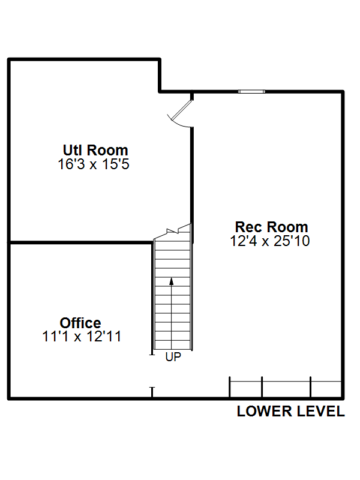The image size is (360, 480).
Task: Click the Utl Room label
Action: pyautogui.click(x=95, y=150)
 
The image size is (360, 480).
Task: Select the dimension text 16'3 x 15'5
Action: pyautogui.click(x=94, y=164)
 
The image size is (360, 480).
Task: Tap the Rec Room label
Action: pyautogui.click(x=271, y=227)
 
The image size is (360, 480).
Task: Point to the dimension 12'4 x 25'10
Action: pyautogui.click(x=269, y=241)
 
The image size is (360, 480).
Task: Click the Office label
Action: pyautogui.click(x=80, y=323)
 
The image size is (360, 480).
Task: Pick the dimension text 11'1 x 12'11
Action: pyautogui.click(x=82, y=337)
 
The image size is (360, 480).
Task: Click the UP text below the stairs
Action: pyautogui.click(x=173, y=356)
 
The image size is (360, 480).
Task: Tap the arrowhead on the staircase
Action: pyautogui.click(x=172, y=280)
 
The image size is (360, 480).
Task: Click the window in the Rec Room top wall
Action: pyautogui.click(x=251, y=92)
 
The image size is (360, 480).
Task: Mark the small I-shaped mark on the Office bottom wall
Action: pyautogui.click(x=152, y=392)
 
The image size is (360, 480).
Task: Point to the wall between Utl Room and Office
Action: pyautogui.click(x=80, y=242)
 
